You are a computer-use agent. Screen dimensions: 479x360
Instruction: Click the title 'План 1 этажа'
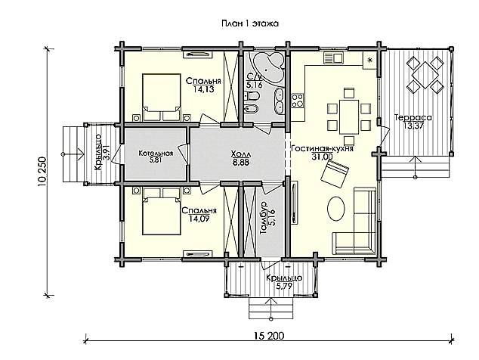250,23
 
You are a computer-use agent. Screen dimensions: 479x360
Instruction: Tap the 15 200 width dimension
268,336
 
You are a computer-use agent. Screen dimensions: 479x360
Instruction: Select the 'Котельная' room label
156,153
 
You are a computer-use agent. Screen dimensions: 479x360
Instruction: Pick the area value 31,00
323,157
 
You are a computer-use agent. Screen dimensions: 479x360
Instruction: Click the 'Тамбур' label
264,218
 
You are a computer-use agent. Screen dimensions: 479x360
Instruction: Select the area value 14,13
203,89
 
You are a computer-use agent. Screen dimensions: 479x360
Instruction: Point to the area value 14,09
199,219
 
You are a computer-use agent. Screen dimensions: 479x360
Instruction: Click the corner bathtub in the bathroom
269,68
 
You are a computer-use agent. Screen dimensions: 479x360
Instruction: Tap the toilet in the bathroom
252,96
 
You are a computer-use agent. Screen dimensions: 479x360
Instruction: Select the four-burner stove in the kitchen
297,101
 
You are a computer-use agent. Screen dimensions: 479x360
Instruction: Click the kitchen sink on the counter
334,57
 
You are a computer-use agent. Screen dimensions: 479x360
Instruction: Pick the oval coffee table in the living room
336,208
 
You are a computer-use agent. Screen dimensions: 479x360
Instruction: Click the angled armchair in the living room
335,175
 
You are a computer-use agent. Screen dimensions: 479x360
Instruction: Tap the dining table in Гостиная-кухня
349,116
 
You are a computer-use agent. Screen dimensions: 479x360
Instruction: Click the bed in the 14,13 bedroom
161,98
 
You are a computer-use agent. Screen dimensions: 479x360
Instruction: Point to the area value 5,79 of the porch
284,286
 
